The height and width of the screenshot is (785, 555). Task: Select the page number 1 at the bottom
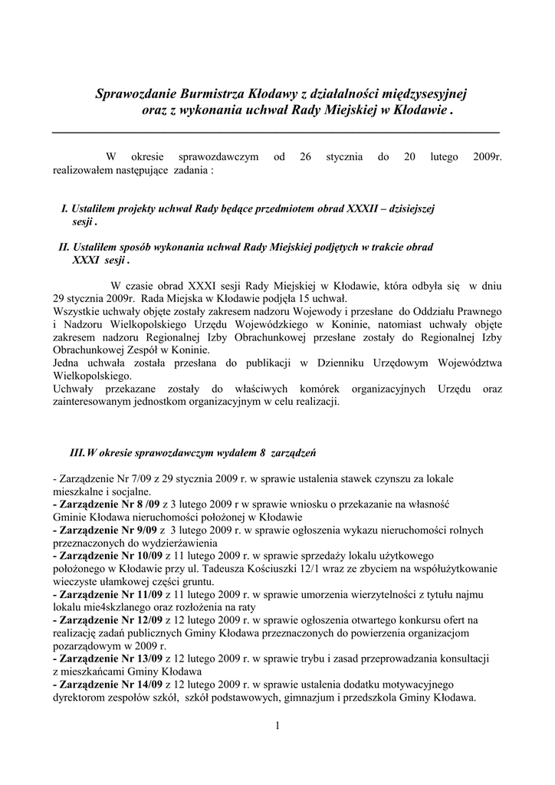coord(277,726)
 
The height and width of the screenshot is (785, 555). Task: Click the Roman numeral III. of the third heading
coord(77,453)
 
